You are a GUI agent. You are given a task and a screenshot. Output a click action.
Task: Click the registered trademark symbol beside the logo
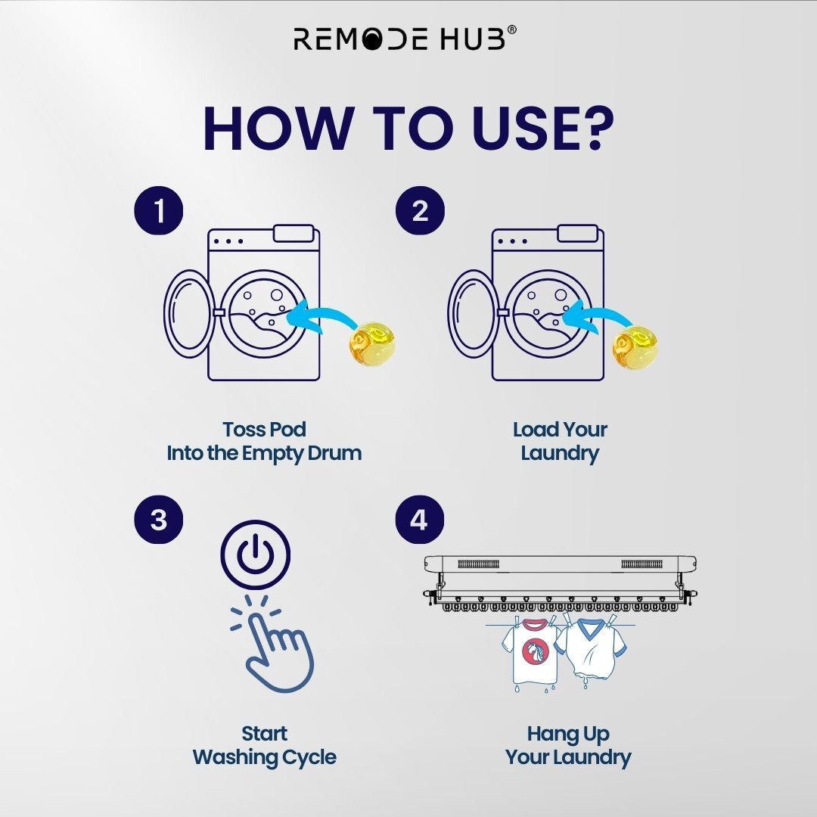point(511,30)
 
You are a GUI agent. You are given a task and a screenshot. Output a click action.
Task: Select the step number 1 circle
point(159,210)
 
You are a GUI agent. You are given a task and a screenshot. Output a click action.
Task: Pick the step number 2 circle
point(420,210)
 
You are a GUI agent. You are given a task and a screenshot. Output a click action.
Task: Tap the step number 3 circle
point(159,520)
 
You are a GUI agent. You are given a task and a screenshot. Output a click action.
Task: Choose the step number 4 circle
point(420,520)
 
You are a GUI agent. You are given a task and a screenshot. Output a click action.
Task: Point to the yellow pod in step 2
point(634,347)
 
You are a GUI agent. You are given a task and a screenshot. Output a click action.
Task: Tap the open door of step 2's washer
point(473,314)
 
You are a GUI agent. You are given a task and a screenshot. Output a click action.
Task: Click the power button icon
point(256,555)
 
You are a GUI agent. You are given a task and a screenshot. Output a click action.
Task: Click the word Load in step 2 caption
point(532,430)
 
